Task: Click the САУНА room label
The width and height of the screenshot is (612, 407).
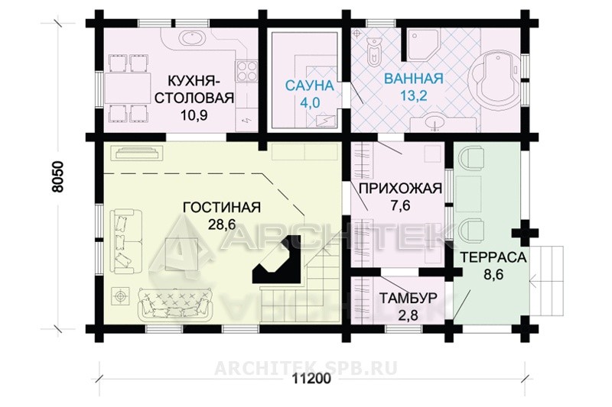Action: tap(310, 86)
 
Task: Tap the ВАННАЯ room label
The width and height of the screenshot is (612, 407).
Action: tap(414, 79)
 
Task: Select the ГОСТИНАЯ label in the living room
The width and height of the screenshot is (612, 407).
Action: tap(221, 207)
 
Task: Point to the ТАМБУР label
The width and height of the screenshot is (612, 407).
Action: tap(409, 299)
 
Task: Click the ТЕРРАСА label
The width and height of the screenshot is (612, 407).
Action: tap(493, 257)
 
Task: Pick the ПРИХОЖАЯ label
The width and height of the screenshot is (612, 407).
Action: tap(400, 189)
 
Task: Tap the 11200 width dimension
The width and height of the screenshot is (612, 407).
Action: tap(311, 379)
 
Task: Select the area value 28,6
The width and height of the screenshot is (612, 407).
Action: tap(221, 224)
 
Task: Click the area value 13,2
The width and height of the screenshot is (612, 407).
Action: tap(414, 95)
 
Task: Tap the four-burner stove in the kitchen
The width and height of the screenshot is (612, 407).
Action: tap(246, 71)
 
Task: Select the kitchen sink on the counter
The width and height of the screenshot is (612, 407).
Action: tap(193, 39)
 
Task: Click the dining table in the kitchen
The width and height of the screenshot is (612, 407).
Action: tap(128, 88)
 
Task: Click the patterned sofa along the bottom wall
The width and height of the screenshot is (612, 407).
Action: tap(174, 303)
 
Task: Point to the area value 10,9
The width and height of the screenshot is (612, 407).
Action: tap(194, 115)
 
